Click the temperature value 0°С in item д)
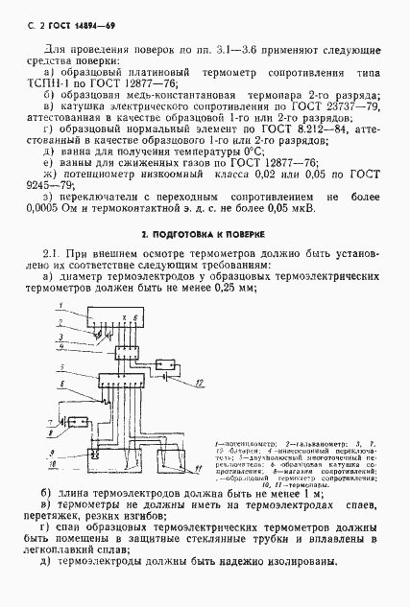(250, 152)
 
